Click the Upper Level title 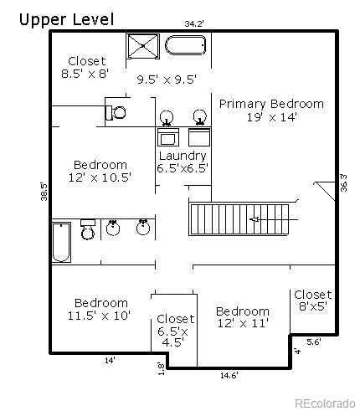coord(66,18)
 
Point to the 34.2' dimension coord(193,24)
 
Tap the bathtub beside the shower coord(184,46)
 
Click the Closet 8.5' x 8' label coord(87,67)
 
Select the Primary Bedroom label coord(270,110)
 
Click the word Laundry coord(182,156)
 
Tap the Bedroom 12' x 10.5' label coord(100,171)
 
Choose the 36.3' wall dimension coord(342,182)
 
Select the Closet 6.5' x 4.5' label coord(175,330)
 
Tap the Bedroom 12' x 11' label coord(242,317)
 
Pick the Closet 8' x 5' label coord(312,301)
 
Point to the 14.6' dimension coord(229,374)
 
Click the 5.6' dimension coord(313,342)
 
